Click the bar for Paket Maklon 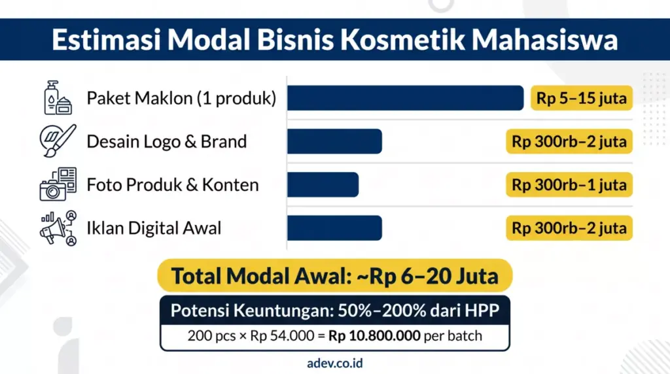pyautogui.click(x=405, y=98)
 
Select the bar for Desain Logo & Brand pyautogui.click(x=334, y=141)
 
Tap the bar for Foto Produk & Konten pyautogui.click(x=323, y=184)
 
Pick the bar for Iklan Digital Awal pyautogui.click(x=334, y=228)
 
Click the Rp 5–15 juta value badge pyautogui.click(x=581, y=99)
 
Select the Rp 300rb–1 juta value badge pyautogui.click(x=569, y=185)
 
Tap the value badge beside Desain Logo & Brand pyautogui.click(x=569, y=141)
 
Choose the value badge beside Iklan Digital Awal pyautogui.click(x=569, y=228)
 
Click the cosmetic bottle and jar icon pyautogui.click(x=57, y=98)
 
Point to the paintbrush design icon pyautogui.click(x=58, y=141)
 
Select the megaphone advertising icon pyautogui.click(x=58, y=228)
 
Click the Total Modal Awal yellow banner pyautogui.click(x=334, y=276)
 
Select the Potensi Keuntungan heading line pyautogui.click(x=334, y=311)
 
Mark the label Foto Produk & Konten pyautogui.click(x=173, y=185)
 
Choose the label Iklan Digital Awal pyautogui.click(x=154, y=228)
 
